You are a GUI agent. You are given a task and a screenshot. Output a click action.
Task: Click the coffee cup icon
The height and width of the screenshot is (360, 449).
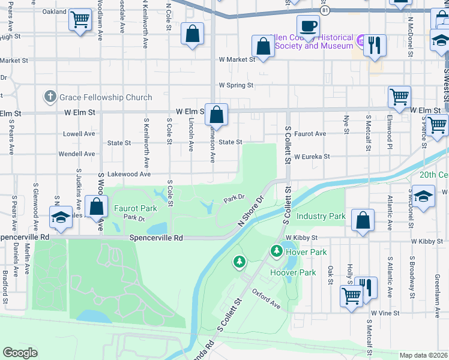[308, 26]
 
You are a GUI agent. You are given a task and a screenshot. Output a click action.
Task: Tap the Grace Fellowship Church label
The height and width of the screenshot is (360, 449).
[105, 97]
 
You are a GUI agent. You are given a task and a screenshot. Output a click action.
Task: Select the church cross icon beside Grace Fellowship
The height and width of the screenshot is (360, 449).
[50, 97]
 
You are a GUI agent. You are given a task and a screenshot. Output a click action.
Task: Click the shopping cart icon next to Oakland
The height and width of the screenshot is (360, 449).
[79, 19]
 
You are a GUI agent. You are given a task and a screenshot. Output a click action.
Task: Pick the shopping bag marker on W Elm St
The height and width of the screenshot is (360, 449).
[217, 113]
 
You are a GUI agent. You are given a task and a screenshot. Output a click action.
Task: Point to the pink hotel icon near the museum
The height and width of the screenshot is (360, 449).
[361, 41]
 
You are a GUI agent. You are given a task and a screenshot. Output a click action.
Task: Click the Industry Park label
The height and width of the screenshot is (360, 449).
[321, 216]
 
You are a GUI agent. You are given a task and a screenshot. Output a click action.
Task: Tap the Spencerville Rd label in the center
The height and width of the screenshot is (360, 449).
[156, 238]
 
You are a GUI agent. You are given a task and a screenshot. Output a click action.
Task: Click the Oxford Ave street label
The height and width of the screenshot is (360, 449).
[267, 298]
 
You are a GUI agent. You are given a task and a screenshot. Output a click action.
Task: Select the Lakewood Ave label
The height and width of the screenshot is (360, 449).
[128, 174]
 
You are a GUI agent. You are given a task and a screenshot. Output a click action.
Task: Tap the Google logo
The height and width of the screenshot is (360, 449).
[20, 353]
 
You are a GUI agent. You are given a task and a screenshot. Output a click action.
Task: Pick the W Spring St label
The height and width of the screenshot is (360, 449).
[236, 85]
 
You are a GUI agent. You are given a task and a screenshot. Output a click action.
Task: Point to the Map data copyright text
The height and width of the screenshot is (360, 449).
[423, 355]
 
